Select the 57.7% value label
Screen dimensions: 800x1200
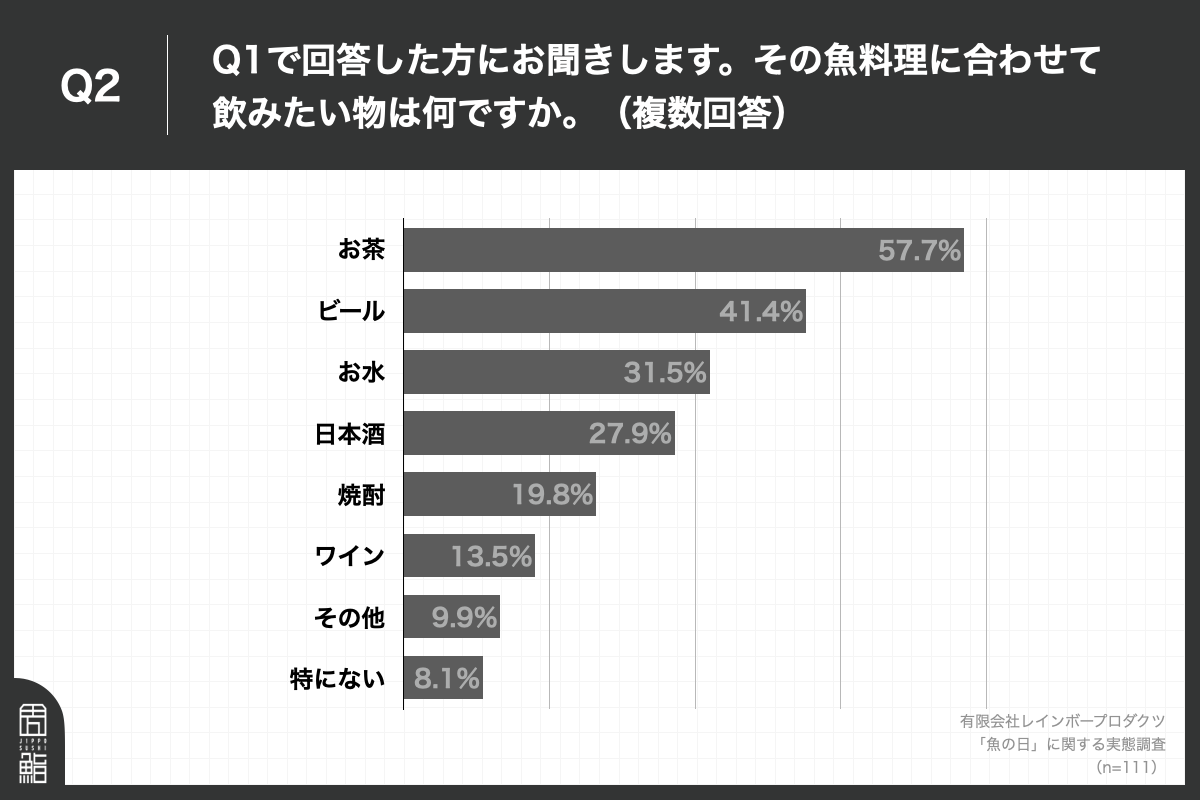click(919, 251)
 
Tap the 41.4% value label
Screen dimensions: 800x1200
click(761, 312)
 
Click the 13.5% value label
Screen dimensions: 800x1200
click(491, 556)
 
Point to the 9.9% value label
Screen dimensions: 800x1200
click(464, 618)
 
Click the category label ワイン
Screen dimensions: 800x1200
click(350, 556)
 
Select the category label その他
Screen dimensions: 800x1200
click(349, 618)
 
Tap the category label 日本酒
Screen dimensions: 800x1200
click(349, 434)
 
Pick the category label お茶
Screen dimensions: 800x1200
click(361, 250)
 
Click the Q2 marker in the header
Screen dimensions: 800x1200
click(90, 87)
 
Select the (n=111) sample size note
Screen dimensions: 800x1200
click(1126, 767)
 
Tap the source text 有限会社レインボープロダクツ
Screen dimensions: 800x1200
click(1062, 720)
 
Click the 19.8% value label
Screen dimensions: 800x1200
click(553, 495)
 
